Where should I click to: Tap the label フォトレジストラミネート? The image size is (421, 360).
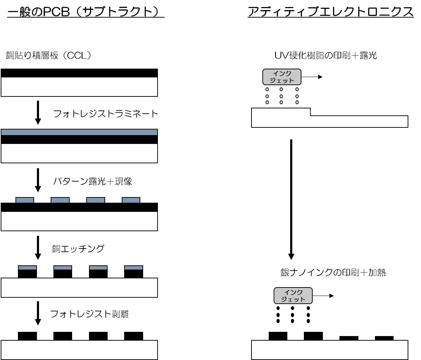[x=106, y=114]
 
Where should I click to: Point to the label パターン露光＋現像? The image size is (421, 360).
[x=92, y=182]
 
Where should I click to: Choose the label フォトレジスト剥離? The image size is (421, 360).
[x=90, y=314]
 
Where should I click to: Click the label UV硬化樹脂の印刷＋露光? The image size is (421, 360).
[x=325, y=55]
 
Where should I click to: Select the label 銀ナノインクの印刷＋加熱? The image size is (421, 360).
[x=333, y=273]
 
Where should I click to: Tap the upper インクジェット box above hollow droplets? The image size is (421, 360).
[x=282, y=77]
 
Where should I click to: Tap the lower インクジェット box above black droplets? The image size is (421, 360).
[x=293, y=296]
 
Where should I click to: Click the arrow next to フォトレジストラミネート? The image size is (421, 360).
[x=38, y=113]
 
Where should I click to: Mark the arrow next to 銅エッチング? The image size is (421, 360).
[x=38, y=247]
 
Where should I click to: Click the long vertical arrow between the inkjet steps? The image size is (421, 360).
[x=291, y=199]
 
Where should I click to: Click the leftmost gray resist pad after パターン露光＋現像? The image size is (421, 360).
[x=25, y=200]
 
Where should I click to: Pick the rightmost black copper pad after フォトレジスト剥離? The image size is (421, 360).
[x=134, y=336]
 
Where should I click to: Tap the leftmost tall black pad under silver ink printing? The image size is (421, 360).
[x=278, y=336]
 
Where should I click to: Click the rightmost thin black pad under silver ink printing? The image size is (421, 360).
[x=384, y=338]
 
